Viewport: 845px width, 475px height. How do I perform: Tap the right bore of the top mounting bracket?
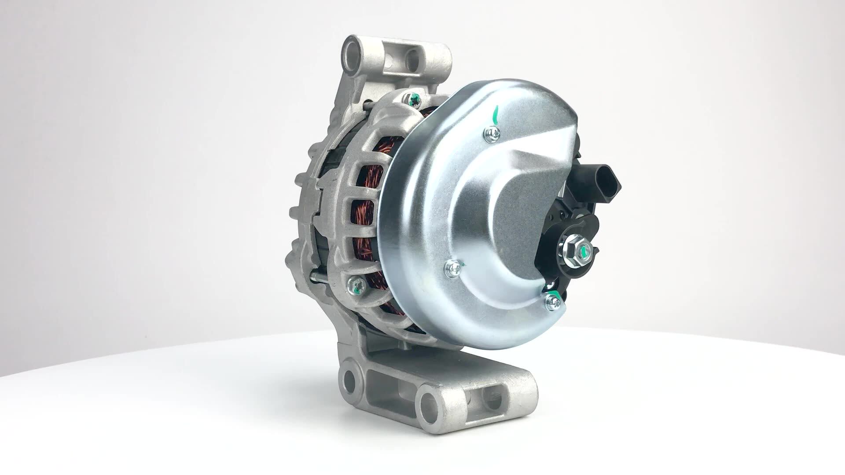coord(413,60)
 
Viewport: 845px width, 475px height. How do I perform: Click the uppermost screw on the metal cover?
coord(492,133)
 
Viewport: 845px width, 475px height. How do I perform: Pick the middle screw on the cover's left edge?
coord(452,266)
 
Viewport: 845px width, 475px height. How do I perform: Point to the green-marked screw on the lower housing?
coord(357,286)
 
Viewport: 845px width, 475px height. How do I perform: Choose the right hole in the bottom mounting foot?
coord(429,402)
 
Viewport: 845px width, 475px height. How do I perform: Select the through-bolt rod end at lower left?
coord(314,276)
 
